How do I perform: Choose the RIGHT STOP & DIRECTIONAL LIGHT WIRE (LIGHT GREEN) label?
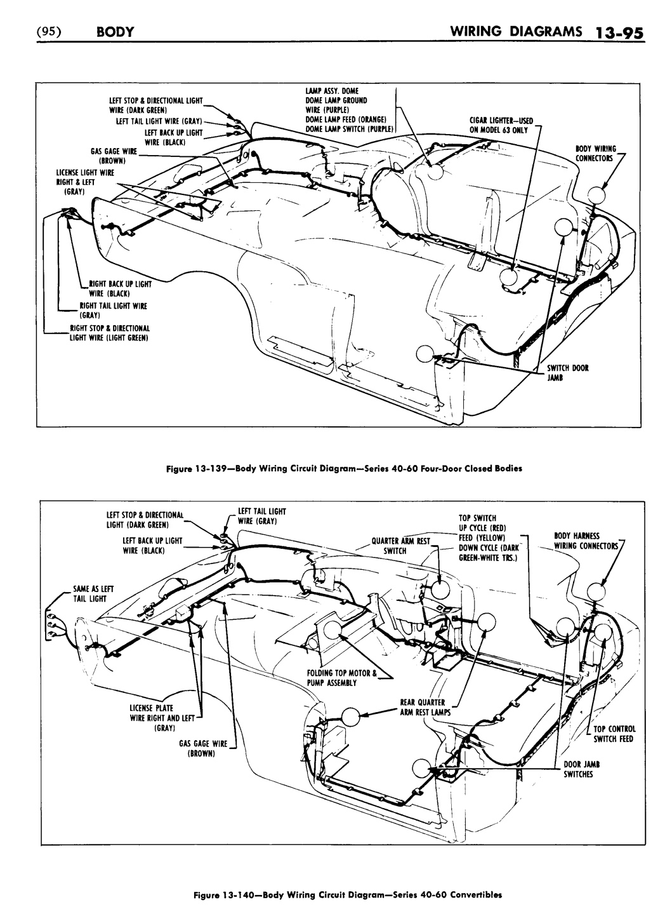pyautogui.click(x=109, y=333)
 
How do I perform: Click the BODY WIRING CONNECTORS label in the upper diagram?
pyautogui.click(x=595, y=153)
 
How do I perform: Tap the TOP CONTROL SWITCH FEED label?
pyautogui.click(x=614, y=734)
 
